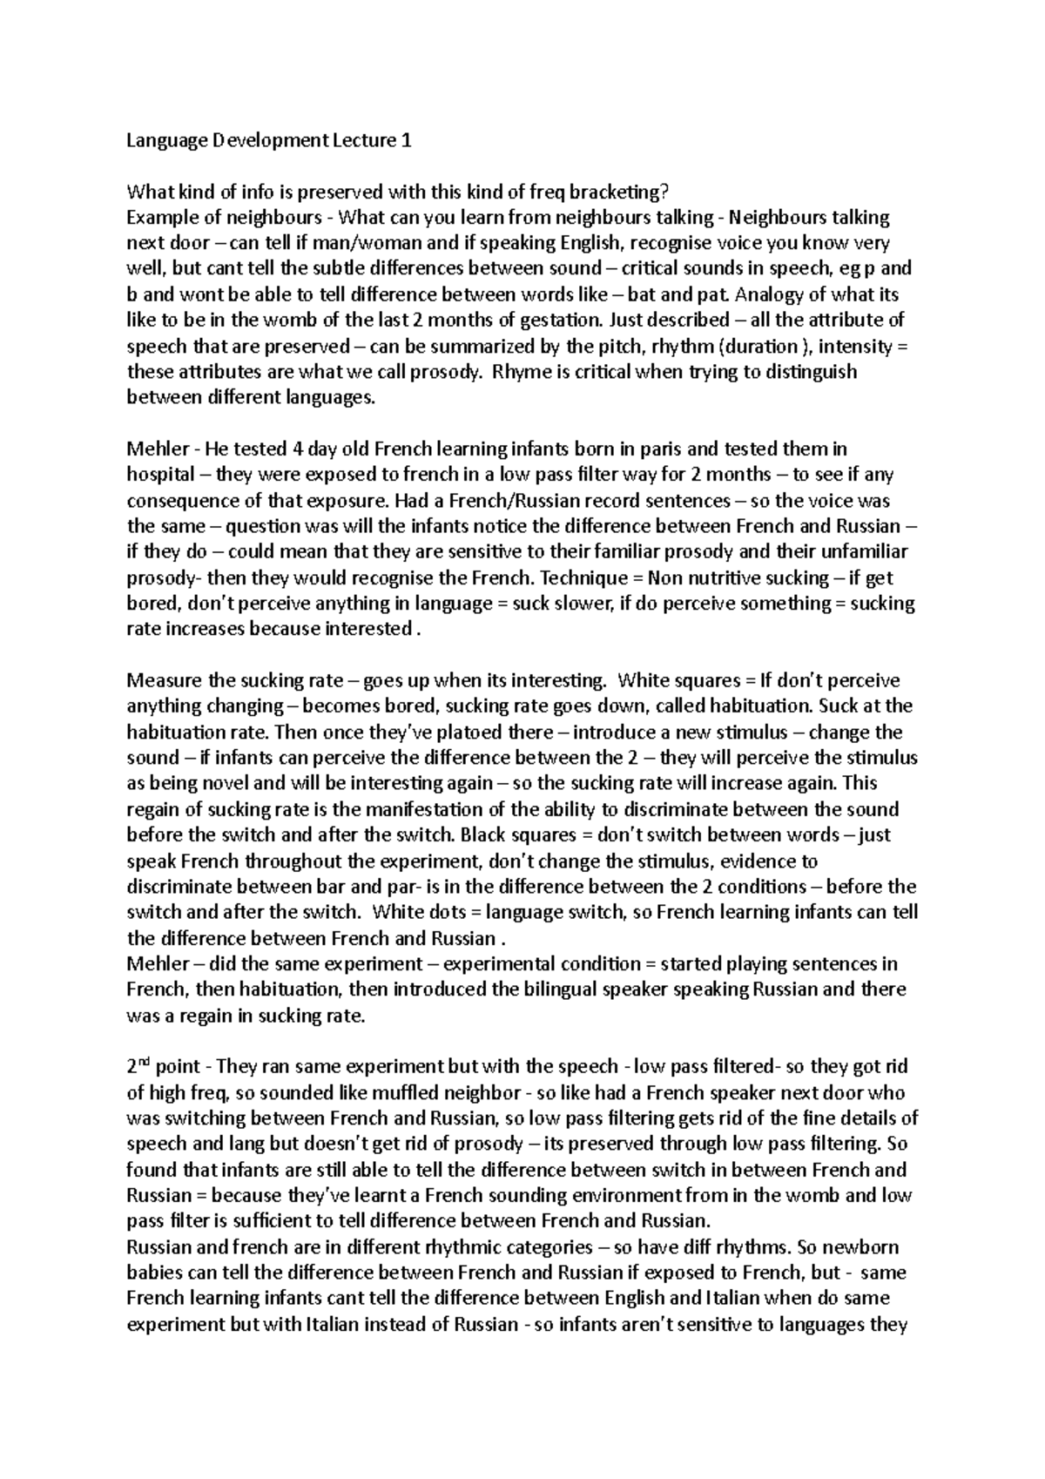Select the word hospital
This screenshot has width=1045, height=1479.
pyautogui.click(x=161, y=476)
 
